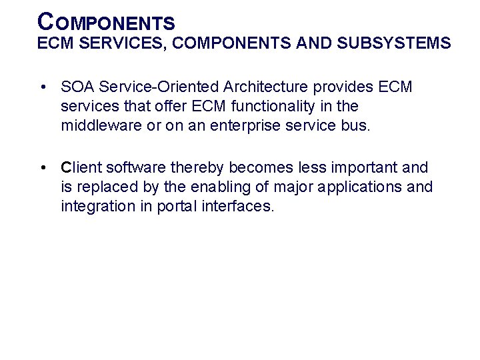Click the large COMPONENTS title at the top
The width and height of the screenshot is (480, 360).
coord(107,22)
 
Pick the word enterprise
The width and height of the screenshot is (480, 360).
coord(249,126)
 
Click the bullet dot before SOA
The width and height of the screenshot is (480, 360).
coord(42,87)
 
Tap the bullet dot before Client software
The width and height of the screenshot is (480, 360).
coord(42,167)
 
